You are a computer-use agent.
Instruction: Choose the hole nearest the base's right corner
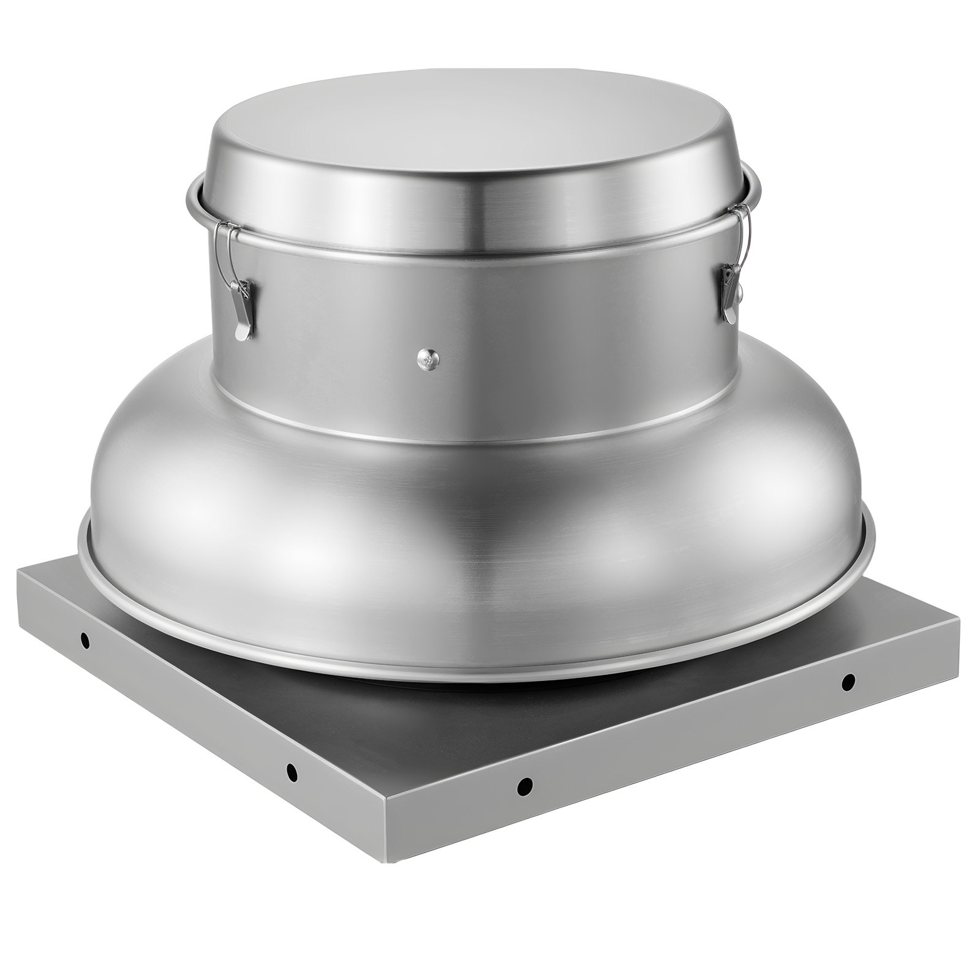848,680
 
